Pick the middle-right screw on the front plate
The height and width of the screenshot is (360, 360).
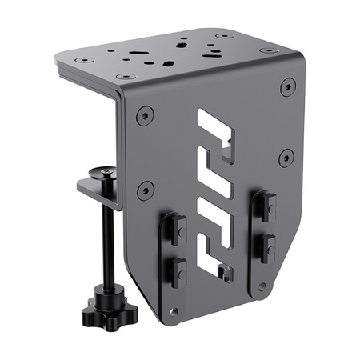tap(286, 157)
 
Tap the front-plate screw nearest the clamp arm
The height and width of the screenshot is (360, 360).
tap(145, 190)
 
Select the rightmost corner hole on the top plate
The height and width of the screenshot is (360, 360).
tap(270, 50)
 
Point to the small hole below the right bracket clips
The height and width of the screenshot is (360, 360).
tap(260, 286)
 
